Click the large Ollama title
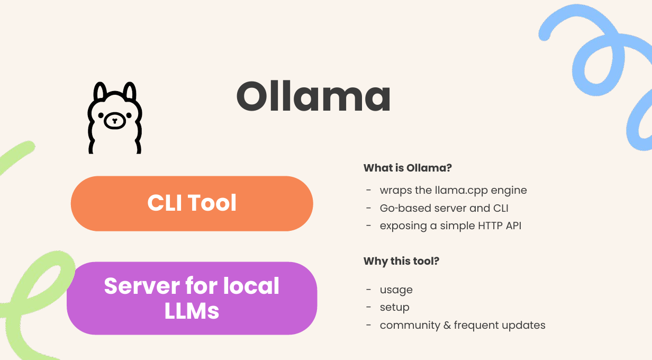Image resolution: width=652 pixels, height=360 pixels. pos(313,96)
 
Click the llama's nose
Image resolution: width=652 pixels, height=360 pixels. pos(115,120)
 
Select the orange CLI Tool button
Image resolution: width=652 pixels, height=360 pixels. pos(192,203)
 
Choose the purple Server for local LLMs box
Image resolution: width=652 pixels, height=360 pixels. pos(192,298)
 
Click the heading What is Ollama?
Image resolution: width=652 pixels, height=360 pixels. pos(408,168)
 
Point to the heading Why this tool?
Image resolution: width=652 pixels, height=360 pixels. pos(401,261)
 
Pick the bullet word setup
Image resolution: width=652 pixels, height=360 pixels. pos(394,308)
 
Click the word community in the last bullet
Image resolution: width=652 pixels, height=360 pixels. pos(410,326)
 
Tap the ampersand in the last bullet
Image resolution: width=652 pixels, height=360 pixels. pos(447,325)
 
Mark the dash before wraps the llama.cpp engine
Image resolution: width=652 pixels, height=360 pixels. pos(369,190)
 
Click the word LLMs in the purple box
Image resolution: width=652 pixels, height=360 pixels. pos(192,311)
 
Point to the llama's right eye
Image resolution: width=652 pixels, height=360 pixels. pos(129,115)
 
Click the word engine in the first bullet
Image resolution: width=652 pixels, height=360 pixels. pos(509,191)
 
